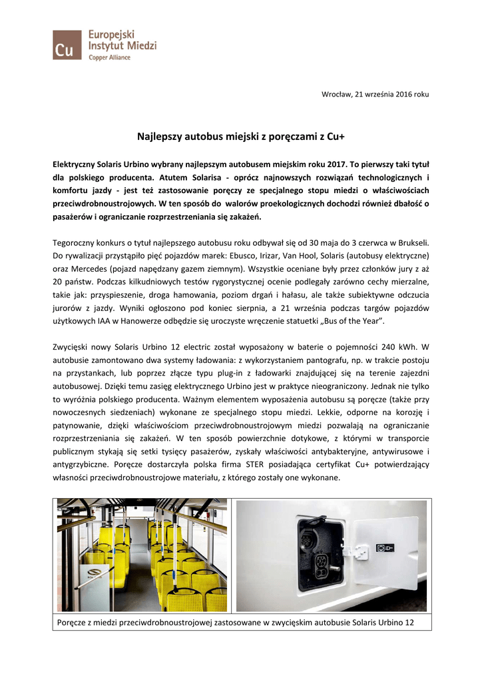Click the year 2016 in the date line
point(397,94)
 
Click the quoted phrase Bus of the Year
point(351,321)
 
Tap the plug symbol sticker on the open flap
point(385,547)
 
